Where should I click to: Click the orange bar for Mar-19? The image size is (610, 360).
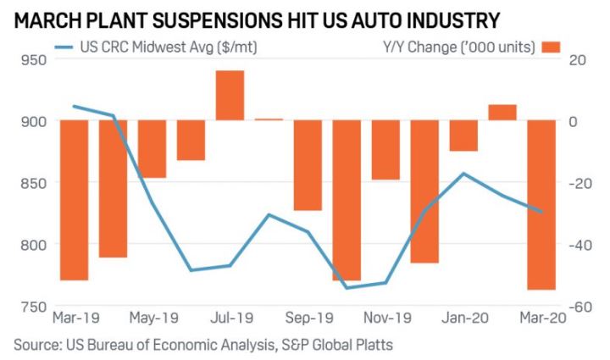click(x=75, y=200)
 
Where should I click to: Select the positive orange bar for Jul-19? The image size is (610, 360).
click(x=230, y=95)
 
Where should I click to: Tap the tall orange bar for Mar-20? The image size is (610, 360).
click(x=541, y=205)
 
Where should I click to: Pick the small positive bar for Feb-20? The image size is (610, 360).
click(x=502, y=112)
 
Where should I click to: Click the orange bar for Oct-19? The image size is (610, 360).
click(x=347, y=200)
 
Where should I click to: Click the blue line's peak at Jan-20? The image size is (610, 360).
click(x=463, y=173)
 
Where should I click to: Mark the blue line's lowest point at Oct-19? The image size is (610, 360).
click(x=347, y=288)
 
